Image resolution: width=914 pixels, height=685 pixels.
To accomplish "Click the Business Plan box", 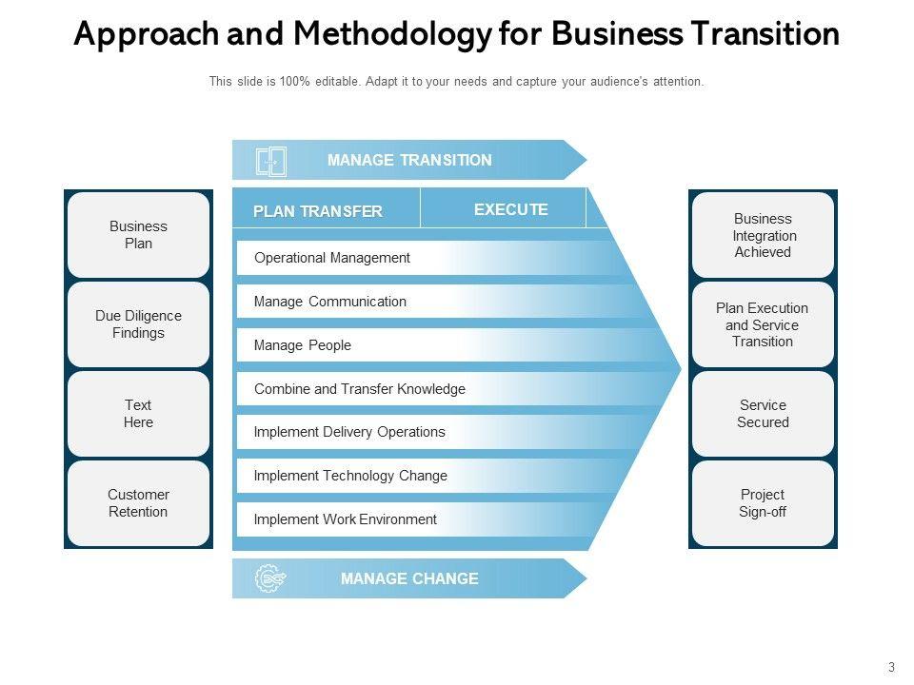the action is (x=138, y=235).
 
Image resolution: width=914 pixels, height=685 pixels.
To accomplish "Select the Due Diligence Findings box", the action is (x=138, y=324).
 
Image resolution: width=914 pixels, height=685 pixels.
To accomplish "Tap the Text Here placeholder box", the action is (x=138, y=414).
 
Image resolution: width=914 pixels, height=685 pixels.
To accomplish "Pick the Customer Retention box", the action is (x=138, y=503).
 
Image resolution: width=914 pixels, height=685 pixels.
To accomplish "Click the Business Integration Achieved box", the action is (x=763, y=235).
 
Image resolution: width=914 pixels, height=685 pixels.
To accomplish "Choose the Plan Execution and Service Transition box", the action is (x=763, y=324).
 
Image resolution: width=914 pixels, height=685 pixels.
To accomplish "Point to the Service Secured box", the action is (x=763, y=414).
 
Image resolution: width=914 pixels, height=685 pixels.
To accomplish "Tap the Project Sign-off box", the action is (x=763, y=503).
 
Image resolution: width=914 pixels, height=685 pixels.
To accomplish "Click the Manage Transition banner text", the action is (x=409, y=160).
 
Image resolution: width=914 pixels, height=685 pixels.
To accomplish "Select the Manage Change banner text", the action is (x=409, y=578).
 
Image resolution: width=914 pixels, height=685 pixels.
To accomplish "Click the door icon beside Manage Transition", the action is (x=270, y=161).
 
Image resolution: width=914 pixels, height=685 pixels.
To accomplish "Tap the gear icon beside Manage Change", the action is (x=270, y=578).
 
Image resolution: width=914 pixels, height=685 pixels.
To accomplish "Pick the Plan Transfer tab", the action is (x=318, y=211).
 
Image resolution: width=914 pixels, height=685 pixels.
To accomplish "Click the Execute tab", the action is (x=510, y=209).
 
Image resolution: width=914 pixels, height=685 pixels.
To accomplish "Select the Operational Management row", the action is (x=332, y=258).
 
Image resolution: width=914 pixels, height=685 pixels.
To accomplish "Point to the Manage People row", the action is (x=303, y=345).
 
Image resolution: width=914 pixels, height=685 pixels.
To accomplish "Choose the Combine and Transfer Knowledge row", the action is (x=360, y=389).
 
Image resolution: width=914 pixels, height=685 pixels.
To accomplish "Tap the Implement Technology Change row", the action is (x=350, y=476).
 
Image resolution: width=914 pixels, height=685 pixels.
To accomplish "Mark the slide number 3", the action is (x=891, y=667).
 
